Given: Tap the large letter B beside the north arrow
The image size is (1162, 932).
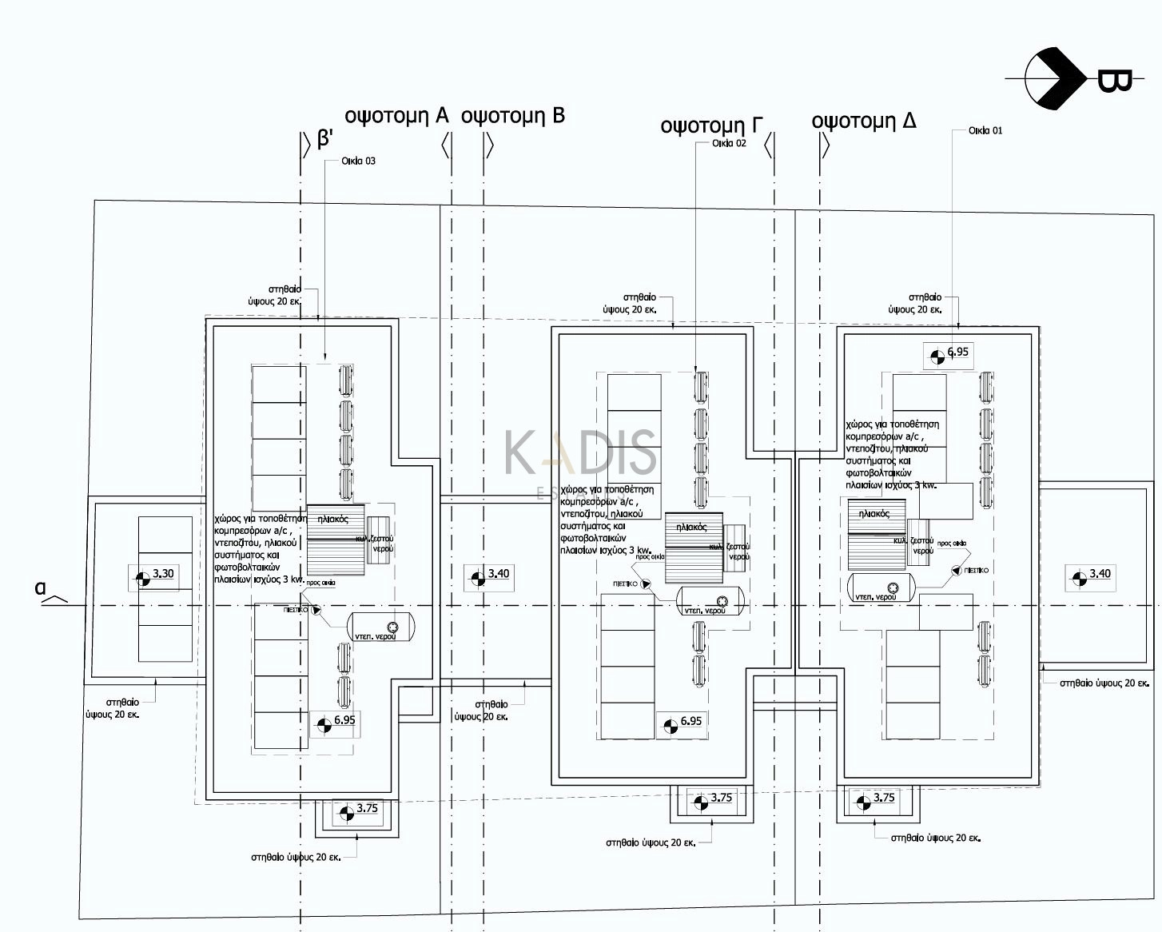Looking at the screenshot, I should click(1113, 81).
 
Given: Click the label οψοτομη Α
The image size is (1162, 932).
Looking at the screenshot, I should click(396, 116).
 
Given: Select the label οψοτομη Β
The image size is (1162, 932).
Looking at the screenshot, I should click(513, 116).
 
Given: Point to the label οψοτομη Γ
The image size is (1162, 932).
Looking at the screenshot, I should click(710, 125).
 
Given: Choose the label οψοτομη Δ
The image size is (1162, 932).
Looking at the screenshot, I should click(863, 121).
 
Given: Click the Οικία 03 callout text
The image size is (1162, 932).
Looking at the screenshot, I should click(358, 161).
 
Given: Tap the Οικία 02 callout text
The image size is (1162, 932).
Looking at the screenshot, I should click(729, 144).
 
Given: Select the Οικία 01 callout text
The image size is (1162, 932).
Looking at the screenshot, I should click(985, 130).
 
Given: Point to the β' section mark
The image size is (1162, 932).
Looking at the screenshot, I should click(324, 139).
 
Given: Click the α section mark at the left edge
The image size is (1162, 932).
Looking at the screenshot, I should click(42, 588).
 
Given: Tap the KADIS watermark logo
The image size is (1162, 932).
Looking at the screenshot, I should click(580, 452).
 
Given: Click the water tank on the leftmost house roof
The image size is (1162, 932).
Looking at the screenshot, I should click(381, 627).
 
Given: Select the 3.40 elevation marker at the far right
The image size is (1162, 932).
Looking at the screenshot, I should click(1091, 576).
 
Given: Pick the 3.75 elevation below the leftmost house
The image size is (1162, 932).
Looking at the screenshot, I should click(357, 811).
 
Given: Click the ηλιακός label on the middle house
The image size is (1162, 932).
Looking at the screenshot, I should click(691, 527).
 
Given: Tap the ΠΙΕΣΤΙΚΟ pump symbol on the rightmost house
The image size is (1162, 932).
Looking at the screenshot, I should click(957, 571).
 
